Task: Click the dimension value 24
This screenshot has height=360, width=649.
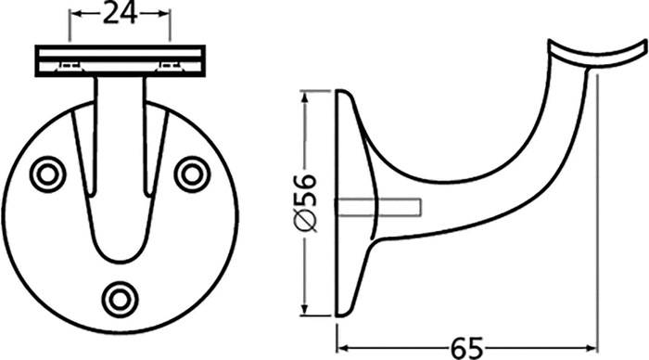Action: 121,12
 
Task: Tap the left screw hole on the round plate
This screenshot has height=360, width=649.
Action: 45,173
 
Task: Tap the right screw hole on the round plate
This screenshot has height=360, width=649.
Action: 192,173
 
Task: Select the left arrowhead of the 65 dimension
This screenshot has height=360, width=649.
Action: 341,349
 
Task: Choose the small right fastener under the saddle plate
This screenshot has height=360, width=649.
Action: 170,66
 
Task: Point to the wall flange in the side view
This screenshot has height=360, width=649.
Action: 347,204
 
